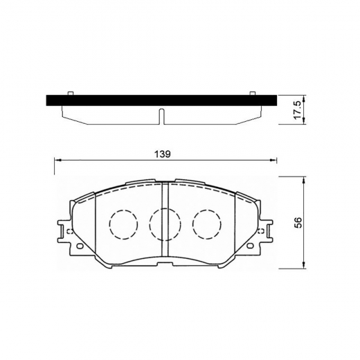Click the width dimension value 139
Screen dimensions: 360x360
(x=163, y=153)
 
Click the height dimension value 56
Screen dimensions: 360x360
(x=299, y=223)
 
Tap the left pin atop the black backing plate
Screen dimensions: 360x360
(x=71, y=92)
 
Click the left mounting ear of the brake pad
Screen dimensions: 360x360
(x=64, y=229)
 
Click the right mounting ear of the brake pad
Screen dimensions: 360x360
(x=267, y=229)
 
